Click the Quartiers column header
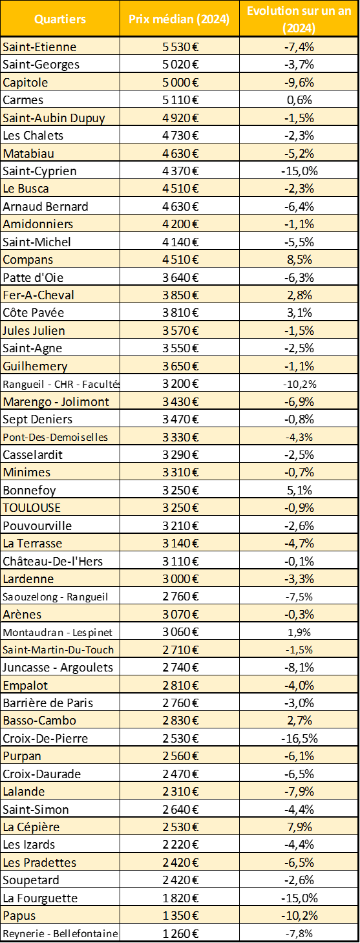click(60, 19)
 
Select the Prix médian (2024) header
click(180, 19)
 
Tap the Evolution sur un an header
click(299, 19)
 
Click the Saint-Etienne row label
click(39, 47)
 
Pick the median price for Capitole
click(180, 83)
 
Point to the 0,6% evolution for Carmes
click(299, 100)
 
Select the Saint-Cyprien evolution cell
click(299, 171)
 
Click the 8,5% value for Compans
click(299, 259)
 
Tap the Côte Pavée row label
click(33, 313)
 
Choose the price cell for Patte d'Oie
click(180, 277)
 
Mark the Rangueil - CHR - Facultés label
click(61, 384)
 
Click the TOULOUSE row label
click(32, 508)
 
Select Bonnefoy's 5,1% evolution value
click(299, 490)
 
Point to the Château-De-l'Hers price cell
click(180, 561)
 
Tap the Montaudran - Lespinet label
click(58, 632)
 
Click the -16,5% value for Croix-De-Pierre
click(299, 738)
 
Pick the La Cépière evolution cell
click(299, 827)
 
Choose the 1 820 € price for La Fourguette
click(180, 898)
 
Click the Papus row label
click(19, 916)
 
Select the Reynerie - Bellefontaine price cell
click(180, 933)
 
